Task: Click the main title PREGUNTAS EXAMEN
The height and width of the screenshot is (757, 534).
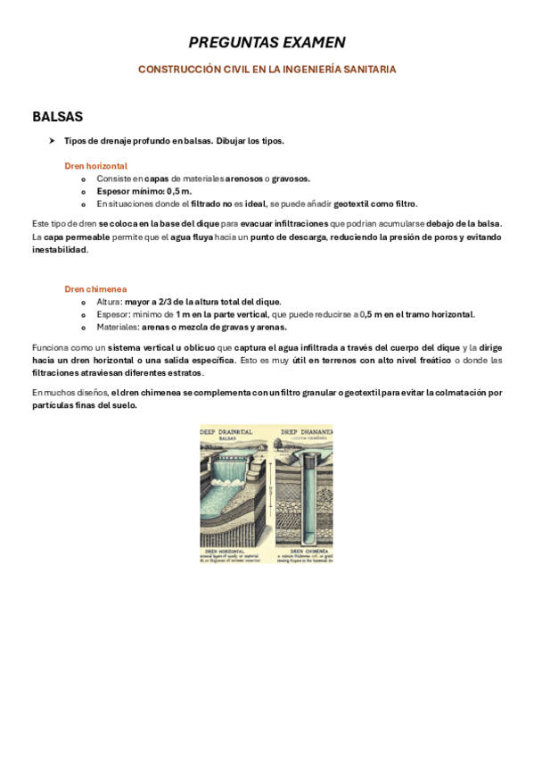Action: (x=267, y=42)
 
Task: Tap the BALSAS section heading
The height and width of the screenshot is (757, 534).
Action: (x=57, y=117)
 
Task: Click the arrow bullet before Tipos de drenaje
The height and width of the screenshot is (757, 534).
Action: (x=53, y=141)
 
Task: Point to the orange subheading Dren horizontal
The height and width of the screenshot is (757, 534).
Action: (x=95, y=166)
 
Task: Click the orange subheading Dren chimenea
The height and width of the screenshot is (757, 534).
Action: (x=95, y=289)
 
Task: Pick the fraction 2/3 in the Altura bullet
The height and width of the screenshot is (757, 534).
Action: (x=173, y=302)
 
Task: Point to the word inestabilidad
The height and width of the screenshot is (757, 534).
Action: (x=60, y=250)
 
